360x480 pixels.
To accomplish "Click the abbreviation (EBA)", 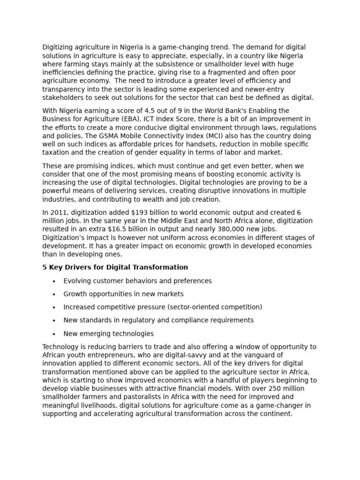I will point(133,119).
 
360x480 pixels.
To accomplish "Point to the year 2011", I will point(59,212).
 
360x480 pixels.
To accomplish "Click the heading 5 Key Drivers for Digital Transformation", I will point(115,267).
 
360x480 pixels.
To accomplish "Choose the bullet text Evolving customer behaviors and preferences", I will point(137,281).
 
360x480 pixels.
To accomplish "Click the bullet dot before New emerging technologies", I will point(54,334).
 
